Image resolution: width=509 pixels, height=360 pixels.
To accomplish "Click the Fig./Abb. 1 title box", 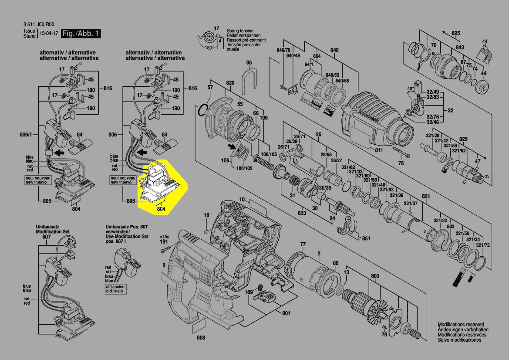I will [81, 34].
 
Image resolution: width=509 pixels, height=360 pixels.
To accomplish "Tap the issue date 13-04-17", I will [49, 34].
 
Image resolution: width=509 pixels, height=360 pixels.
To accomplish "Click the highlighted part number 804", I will [161, 209].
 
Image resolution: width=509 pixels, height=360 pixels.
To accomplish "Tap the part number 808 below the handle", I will [201, 337].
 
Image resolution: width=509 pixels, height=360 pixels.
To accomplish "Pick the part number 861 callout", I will [366, 238].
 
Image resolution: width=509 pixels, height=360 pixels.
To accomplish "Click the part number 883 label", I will [450, 226].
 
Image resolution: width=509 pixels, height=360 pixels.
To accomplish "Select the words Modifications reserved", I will [460, 325].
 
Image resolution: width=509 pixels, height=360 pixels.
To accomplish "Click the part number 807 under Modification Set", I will [46, 237].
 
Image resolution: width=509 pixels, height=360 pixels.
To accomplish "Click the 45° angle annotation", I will [410, 89].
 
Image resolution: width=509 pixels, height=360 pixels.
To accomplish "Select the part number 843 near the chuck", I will [459, 47].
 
